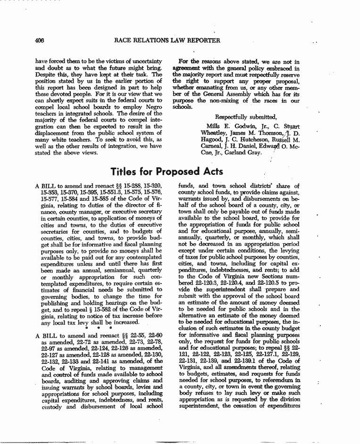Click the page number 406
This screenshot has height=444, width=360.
40,41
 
